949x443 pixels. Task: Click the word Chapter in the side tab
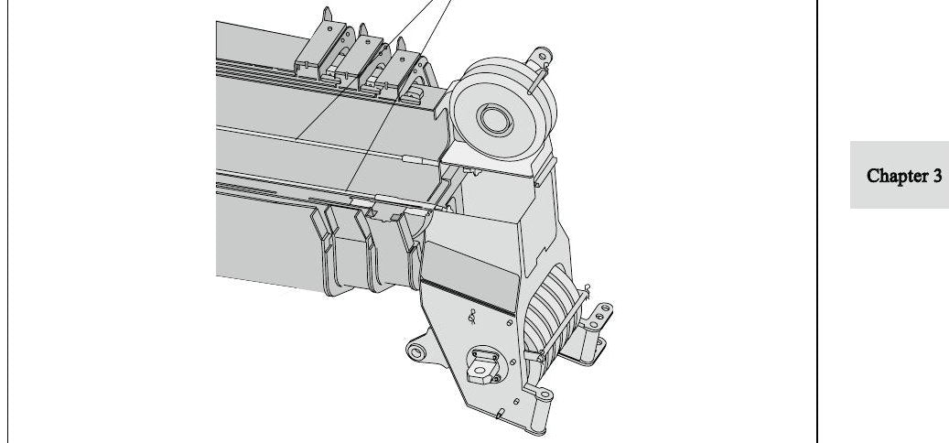(894, 176)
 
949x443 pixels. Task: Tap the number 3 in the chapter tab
(936, 176)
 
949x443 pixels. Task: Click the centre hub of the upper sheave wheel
(495, 119)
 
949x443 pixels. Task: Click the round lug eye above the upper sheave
(541, 56)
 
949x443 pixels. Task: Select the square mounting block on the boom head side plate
(483, 365)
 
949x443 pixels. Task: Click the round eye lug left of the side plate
(416, 351)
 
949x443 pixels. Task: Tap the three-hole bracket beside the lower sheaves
(599, 315)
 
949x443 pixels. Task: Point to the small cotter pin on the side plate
(473, 316)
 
